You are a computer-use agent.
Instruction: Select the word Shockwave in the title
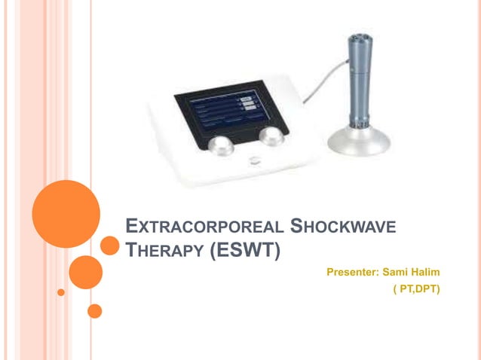(x=344, y=226)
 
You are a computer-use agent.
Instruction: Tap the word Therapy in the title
(x=163, y=249)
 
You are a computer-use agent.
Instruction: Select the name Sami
(x=397, y=270)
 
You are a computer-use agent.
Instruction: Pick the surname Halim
(x=427, y=270)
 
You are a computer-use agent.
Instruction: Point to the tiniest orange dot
(x=61, y=291)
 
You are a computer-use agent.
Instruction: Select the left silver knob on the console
(x=221, y=145)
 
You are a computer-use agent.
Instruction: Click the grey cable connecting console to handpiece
(x=320, y=80)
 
